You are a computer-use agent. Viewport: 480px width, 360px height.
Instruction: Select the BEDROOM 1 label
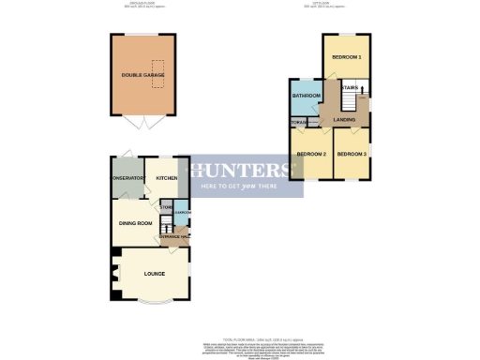pyautogui.click(x=346, y=57)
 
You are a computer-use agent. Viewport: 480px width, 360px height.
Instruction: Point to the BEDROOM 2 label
pyautogui.click(x=310, y=154)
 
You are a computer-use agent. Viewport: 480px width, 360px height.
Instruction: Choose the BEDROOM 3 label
pyautogui.click(x=351, y=154)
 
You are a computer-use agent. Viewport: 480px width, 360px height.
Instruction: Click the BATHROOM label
pyautogui.click(x=307, y=96)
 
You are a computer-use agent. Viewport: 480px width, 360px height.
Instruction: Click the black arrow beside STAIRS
pyautogui.click(x=362, y=90)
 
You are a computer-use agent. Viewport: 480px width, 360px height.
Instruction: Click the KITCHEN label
pyautogui.click(x=167, y=178)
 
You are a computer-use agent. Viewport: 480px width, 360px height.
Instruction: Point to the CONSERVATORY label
pyautogui.click(x=128, y=178)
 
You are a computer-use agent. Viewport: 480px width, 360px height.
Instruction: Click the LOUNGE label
pyautogui.click(x=154, y=275)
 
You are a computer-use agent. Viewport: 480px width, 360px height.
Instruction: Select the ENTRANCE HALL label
pyautogui.click(x=174, y=237)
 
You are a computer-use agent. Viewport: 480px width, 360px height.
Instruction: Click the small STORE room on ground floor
pyautogui.click(x=166, y=207)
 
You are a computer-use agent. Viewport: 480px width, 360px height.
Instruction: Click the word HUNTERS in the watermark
pyautogui.click(x=242, y=171)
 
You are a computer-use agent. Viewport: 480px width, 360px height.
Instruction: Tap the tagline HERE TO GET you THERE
pyautogui.click(x=242, y=187)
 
